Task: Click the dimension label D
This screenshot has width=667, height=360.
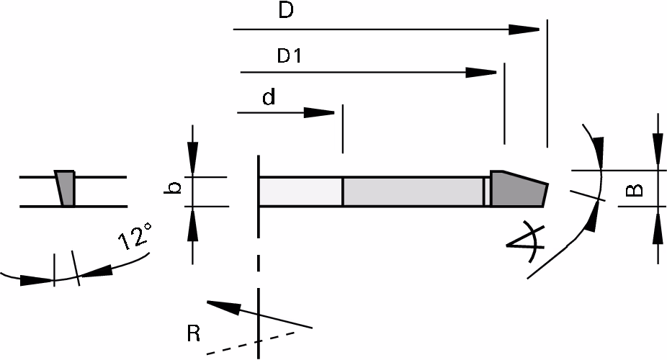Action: pyautogui.click(x=286, y=10)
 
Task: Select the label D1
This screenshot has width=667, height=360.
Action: pyautogui.click(x=290, y=55)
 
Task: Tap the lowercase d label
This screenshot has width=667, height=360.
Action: pyautogui.click(x=269, y=96)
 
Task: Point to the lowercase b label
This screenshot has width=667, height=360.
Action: pyautogui.click(x=173, y=187)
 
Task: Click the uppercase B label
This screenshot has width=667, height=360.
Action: pyautogui.click(x=635, y=189)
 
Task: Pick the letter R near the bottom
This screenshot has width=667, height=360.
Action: pyautogui.click(x=194, y=333)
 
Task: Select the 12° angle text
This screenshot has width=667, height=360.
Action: pyautogui.click(x=135, y=235)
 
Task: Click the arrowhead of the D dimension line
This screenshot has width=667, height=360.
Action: pyautogui.click(x=524, y=30)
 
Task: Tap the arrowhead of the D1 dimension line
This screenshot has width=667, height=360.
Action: pyautogui.click(x=481, y=72)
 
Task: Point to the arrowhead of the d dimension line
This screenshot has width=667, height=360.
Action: pyautogui.click(x=319, y=112)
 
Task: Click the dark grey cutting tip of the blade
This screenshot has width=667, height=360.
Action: pyautogui.click(x=517, y=189)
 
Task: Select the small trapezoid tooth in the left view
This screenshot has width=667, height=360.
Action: pyautogui.click(x=65, y=189)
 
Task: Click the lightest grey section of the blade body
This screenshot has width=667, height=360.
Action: pyautogui.click(x=301, y=192)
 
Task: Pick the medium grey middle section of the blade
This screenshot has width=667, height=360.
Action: pyautogui.click(x=413, y=192)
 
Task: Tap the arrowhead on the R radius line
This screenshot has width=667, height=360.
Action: pyautogui.click(x=224, y=307)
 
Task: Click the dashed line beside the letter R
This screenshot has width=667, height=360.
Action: pyautogui.click(x=251, y=343)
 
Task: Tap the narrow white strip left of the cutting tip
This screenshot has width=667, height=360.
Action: pyautogui.click(x=485, y=192)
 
